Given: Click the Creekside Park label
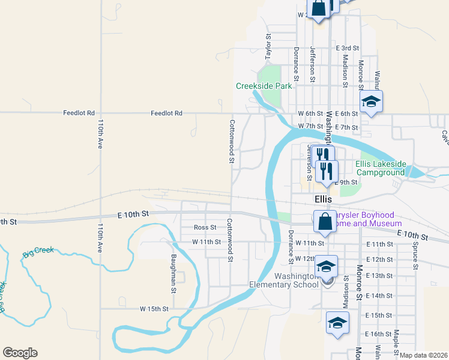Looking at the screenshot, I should pos(264,86).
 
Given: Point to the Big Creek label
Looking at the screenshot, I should pos(38,253).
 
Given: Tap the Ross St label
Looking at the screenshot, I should pos(205,227).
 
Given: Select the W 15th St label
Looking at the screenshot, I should pos(154,309).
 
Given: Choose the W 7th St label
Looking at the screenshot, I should pos(310,127).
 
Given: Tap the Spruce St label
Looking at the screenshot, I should pos(415,255).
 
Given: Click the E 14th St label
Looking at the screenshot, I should pos(378,296).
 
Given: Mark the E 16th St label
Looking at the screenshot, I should pos(378,334).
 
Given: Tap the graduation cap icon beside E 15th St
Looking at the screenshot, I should pos(337,323).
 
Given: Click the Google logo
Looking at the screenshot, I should pos(20,353).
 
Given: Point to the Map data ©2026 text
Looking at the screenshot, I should pos(423,355).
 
